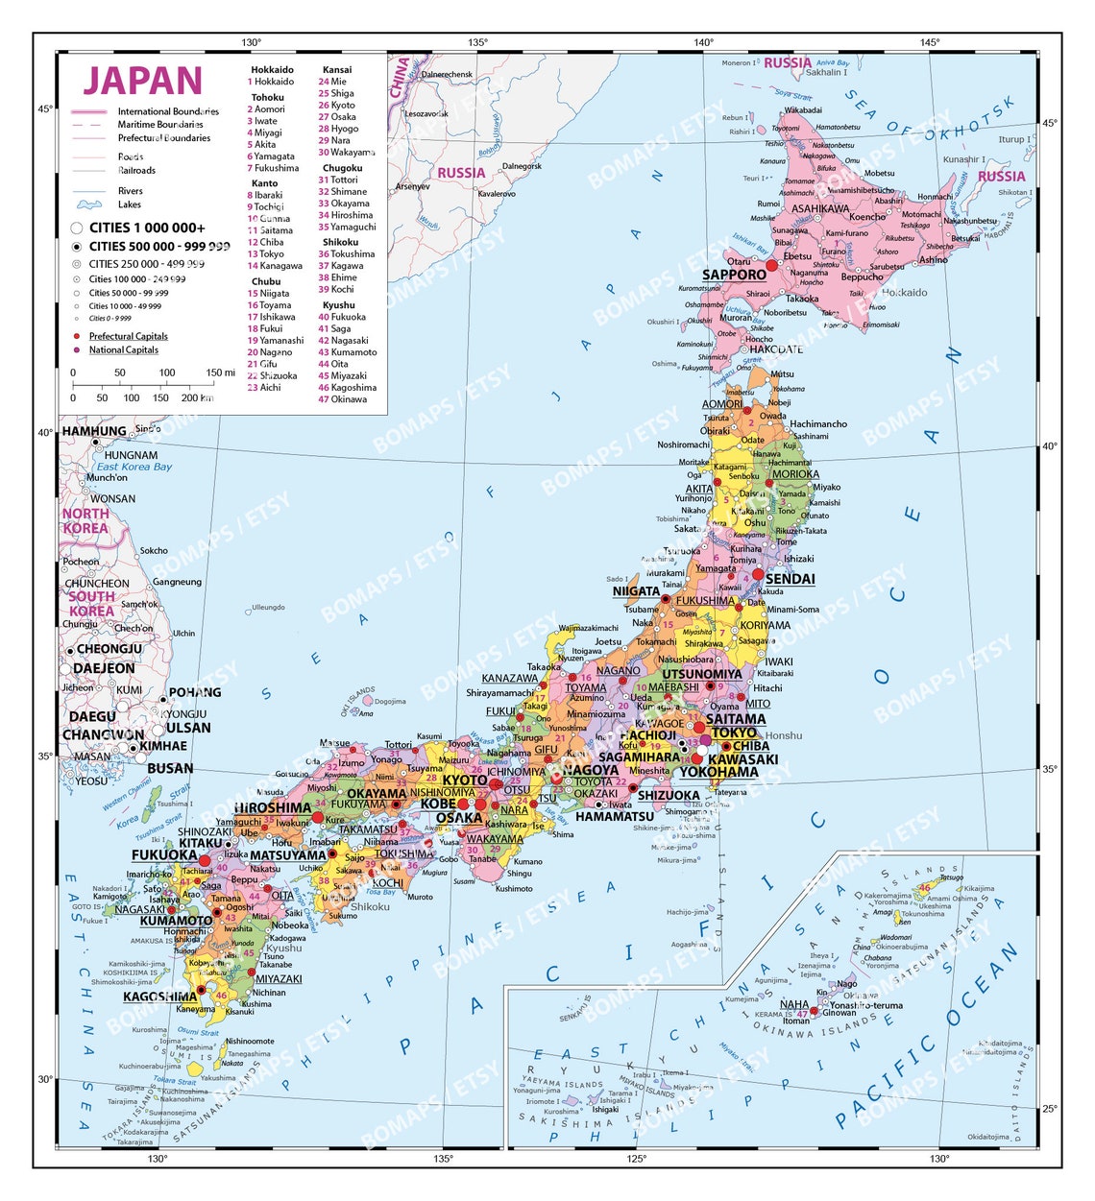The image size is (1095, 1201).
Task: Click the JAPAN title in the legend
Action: [142, 81]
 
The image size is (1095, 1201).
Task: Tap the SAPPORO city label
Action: [734, 276]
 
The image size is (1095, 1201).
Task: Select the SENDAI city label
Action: [790, 579]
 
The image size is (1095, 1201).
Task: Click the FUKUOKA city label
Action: [164, 854]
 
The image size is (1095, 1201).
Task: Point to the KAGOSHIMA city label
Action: [160, 997]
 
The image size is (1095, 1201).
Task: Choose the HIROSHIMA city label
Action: [273, 807]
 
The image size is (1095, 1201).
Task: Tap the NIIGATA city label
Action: [636, 591]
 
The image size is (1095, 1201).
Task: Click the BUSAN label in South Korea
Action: [170, 768]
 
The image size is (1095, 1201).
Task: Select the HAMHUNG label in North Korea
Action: [94, 431]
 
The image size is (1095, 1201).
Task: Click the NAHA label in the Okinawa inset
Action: [794, 1004]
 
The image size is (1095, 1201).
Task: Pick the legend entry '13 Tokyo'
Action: [266, 254]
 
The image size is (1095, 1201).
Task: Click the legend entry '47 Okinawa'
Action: [343, 399]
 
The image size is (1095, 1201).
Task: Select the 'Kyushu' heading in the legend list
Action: [339, 305]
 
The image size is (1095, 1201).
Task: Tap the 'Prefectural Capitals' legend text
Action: [129, 336]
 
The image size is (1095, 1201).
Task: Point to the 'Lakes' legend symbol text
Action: [130, 204]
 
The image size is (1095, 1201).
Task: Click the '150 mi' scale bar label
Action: [220, 372]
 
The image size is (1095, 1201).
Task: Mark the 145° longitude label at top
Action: [929, 42]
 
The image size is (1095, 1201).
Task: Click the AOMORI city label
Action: [721, 404]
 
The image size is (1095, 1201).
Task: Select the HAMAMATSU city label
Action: [615, 816]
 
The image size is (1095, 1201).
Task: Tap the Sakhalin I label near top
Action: [826, 73]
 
